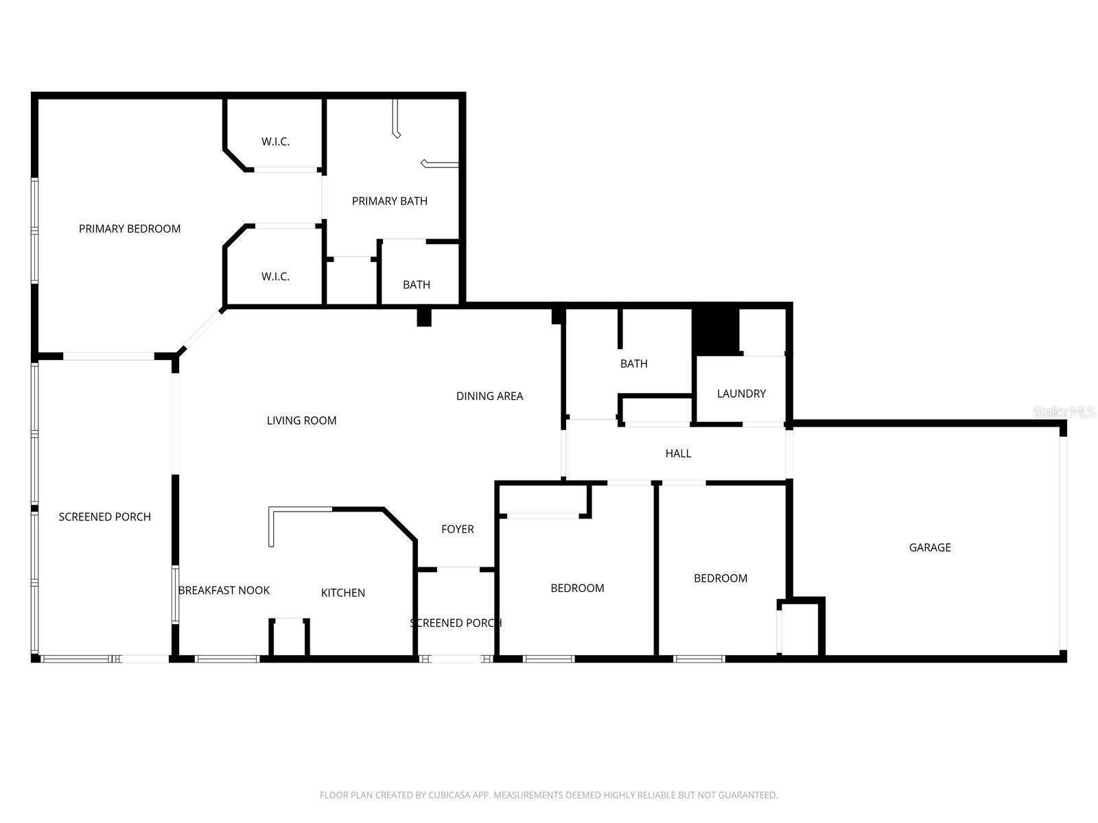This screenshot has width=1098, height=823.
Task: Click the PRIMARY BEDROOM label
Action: (130, 229)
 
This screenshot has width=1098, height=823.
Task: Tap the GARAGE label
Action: (930, 547)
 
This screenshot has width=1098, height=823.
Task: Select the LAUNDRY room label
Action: (741, 394)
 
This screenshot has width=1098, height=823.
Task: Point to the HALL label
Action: (678, 453)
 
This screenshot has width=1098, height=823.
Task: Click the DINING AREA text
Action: (489, 396)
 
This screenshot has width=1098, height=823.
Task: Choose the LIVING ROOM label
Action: (301, 420)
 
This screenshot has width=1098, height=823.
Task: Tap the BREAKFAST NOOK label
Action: (224, 591)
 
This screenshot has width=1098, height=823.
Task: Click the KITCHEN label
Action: (343, 593)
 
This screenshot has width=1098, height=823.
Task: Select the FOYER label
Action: (458, 529)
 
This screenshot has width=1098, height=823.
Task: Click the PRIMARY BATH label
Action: (390, 201)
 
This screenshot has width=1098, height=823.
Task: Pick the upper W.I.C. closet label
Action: (275, 142)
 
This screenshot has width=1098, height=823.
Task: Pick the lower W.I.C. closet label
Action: (275, 276)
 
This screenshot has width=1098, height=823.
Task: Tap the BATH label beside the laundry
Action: (633, 363)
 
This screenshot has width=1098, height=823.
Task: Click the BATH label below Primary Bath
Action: (417, 285)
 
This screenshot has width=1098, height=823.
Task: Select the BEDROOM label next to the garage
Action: (721, 578)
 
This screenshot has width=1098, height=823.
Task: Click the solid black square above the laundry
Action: (715, 331)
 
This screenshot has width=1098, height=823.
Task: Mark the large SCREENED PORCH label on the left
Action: (104, 517)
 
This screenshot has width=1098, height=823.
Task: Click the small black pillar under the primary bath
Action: (424, 318)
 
